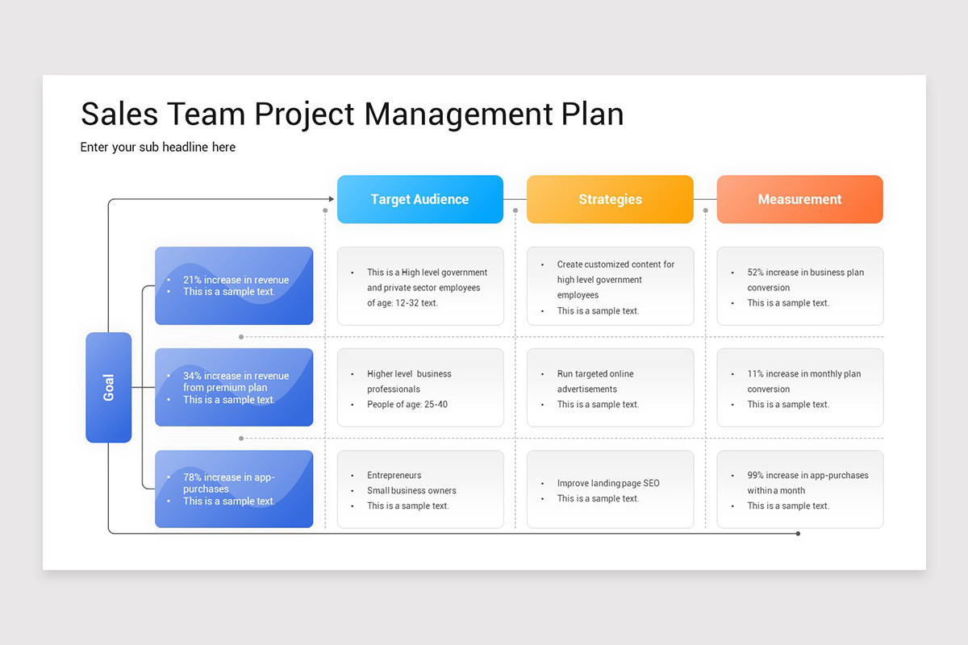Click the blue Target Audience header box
[419, 199]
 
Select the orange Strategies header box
[610, 199]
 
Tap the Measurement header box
[799, 199]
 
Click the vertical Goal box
[109, 387]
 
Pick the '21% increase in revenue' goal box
[234, 285]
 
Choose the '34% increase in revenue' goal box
[234, 387]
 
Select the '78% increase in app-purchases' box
[234, 489]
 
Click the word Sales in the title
[119, 114]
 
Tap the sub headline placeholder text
[158, 147]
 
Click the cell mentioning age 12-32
[420, 286]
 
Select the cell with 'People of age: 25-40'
[420, 388]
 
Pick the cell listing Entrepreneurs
[420, 489]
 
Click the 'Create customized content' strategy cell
[610, 286]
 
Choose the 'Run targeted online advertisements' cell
[610, 388]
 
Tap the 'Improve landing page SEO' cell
[610, 489]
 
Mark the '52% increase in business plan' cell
[799, 286]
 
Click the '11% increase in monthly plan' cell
[799, 388]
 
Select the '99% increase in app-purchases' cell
[799, 489]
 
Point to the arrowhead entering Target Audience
[331, 199]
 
